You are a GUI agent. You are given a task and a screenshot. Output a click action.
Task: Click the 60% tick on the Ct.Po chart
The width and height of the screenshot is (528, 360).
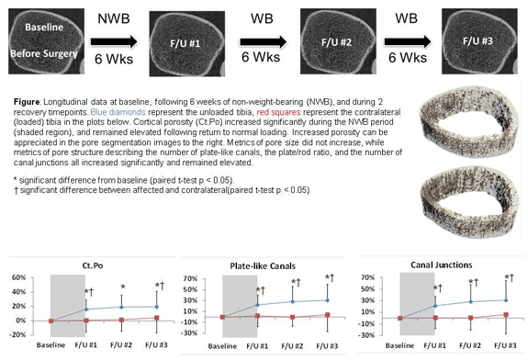(18, 277)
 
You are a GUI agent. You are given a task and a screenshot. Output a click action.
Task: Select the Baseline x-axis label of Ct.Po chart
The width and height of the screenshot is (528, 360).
(51, 346)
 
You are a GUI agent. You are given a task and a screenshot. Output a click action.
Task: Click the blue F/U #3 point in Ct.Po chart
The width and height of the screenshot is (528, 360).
(156, 307)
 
